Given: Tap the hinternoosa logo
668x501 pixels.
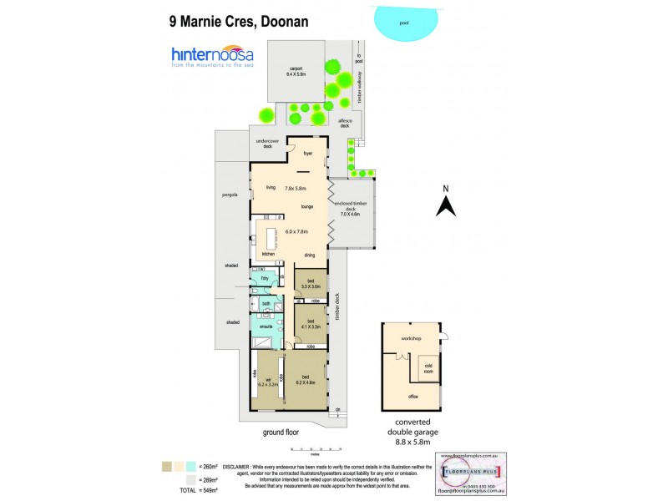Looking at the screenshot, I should coord(212,58).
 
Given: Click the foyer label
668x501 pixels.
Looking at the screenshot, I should coord(307,154).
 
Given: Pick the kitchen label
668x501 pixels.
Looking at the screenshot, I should coord(268,254).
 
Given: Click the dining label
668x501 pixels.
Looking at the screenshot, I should coord(309,255).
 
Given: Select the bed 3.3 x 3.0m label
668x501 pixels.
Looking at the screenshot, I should coord(310,283).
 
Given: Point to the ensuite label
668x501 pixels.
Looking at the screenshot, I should coord(266,326).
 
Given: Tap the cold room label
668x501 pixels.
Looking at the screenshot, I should coord(428,367).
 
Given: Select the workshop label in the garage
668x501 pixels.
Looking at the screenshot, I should coord(409,338).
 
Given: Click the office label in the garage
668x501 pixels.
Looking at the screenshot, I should coord(412,396).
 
